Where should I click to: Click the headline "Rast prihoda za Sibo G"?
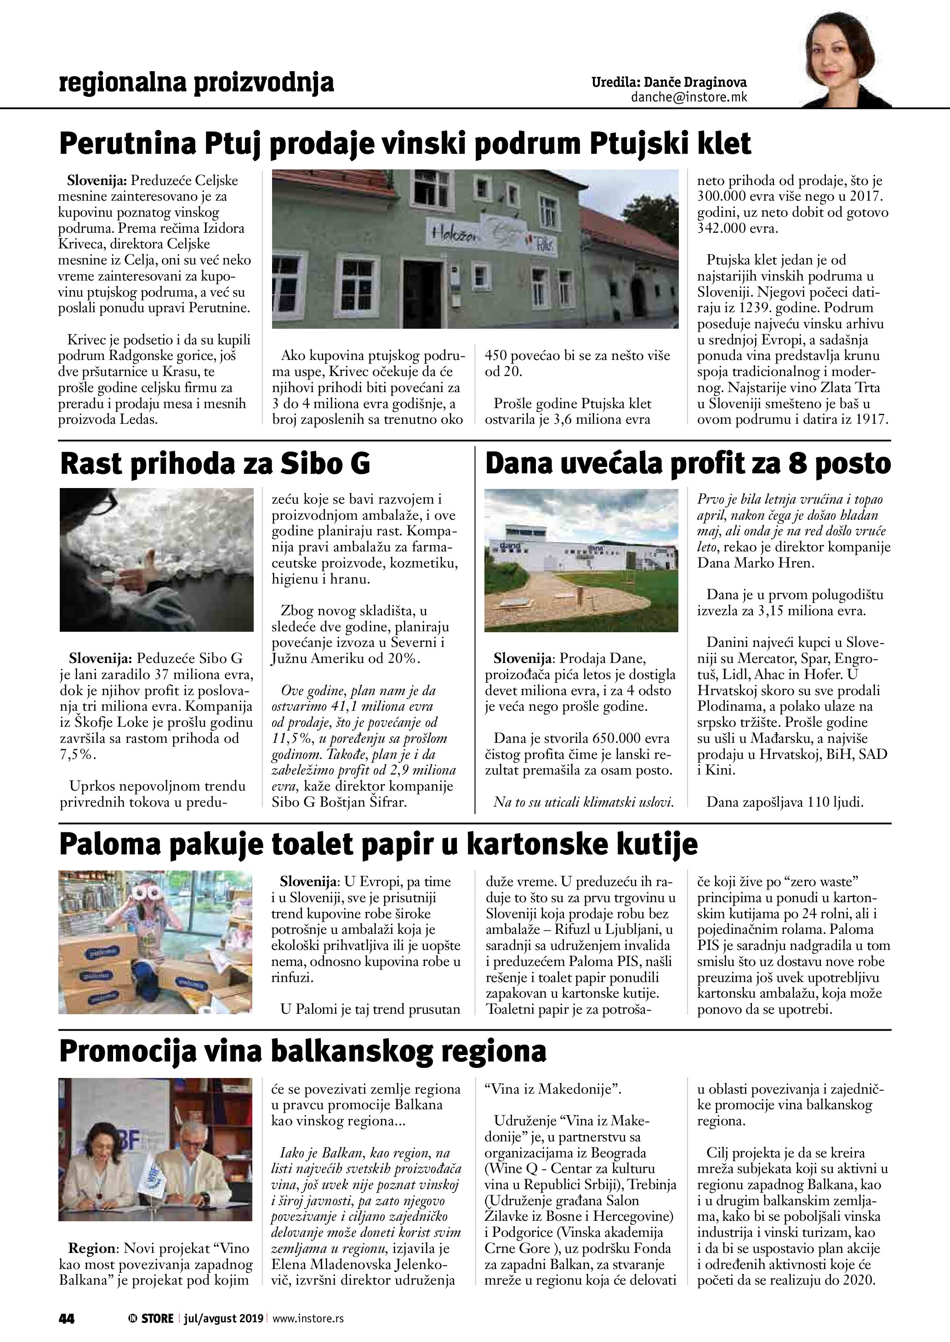[x=215, y=465]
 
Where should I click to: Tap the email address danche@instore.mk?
[x=688, y=98]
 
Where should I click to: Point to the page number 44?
[x=66, y=1319]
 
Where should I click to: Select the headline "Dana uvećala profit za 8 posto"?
[x=688, y=465]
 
